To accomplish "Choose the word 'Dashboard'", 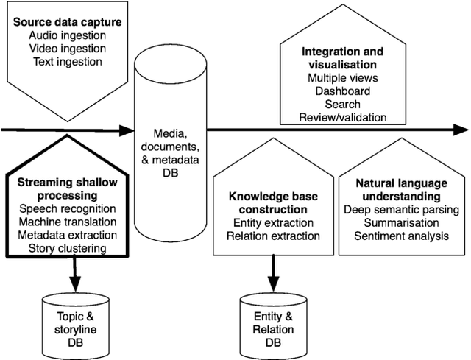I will tap(342, 91).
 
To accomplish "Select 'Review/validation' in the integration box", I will tap(342, 117).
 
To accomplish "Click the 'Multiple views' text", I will tap(342, 78).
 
